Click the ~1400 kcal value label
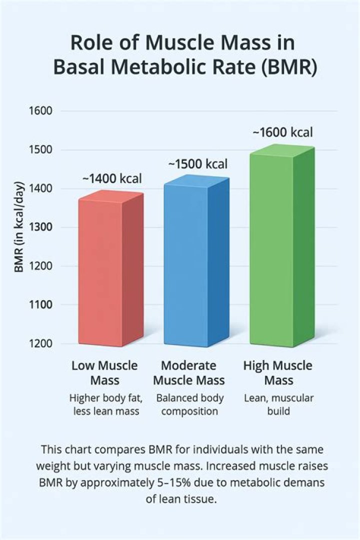click(x=112, y=178)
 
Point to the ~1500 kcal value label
click(x=197, y=164)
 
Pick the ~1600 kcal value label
click(x=283, y=132)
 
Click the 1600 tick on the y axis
click(x=39, y=111)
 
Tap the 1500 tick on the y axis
click(x=39, y=150)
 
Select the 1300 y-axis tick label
click(x=39, y=227)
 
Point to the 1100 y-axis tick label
click(x=39, y=305)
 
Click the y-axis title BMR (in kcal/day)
click(x=19, y=227)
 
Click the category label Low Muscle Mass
click(x=104, y=373)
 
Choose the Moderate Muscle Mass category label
click(x=189, y=373)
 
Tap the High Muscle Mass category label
click(x=278, y=373)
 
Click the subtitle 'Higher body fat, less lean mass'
click(x=105, y=405)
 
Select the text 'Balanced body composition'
click(x=189, y=405)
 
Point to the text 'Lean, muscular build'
click(x=278, y=405)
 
